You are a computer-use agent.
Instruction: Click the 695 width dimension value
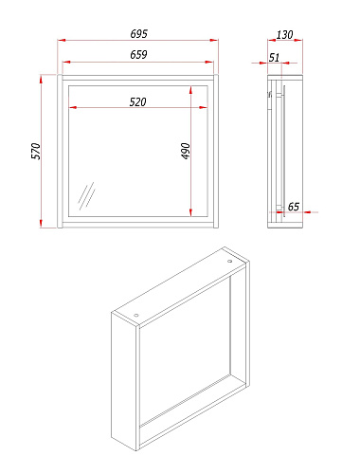(x=139, y=34)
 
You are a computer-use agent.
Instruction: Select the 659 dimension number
(x=138, y=55)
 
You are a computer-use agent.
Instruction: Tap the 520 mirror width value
(x=138, y=102)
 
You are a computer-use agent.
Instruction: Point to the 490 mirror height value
(x=186, y=151)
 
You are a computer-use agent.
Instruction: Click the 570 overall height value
(x=36, y=151)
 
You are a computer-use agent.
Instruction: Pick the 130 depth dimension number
(x=284, y=35)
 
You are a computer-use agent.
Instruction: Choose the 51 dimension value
(x=274, y=58)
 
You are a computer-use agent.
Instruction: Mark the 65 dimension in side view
(x=294, y=207)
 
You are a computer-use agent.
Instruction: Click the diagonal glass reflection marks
(x=86, y=196)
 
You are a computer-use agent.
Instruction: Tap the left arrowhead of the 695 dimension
(x=62, y=40)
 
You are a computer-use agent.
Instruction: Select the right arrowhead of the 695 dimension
(x=214, y=40)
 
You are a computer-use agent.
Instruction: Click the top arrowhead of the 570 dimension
(x=41, y=79)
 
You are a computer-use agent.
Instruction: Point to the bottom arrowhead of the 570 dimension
(x=41, y=223)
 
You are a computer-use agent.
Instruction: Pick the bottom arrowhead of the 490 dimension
(x=190, y=212)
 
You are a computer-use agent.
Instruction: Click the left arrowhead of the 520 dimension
(x=73, y=108)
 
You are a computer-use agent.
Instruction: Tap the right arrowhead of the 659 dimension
(x=209, y=63)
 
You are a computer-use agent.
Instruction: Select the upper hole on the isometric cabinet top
(x=229, y=262)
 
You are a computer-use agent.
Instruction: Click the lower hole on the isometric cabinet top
(x=136, y=315)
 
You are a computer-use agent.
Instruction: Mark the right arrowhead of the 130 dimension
(x=298, y=40)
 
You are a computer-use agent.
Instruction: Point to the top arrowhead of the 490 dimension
(x=190, y=90)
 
